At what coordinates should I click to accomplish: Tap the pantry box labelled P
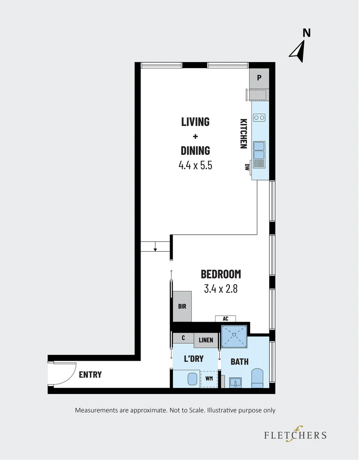259,78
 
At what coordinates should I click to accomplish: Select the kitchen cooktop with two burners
259,118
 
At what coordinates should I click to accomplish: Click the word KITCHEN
243,133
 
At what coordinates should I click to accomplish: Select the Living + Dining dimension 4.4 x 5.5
195,165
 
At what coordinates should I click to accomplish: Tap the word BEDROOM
221,274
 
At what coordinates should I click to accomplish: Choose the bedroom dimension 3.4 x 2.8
221,289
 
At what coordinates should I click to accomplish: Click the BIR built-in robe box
182,306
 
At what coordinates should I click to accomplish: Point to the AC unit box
225,319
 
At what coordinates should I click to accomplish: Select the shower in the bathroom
234,337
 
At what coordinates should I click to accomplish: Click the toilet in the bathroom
258,378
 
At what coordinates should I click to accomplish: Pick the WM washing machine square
209,378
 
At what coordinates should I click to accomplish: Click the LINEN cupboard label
206,340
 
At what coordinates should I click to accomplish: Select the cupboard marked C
183,338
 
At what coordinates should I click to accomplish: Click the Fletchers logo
295,435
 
